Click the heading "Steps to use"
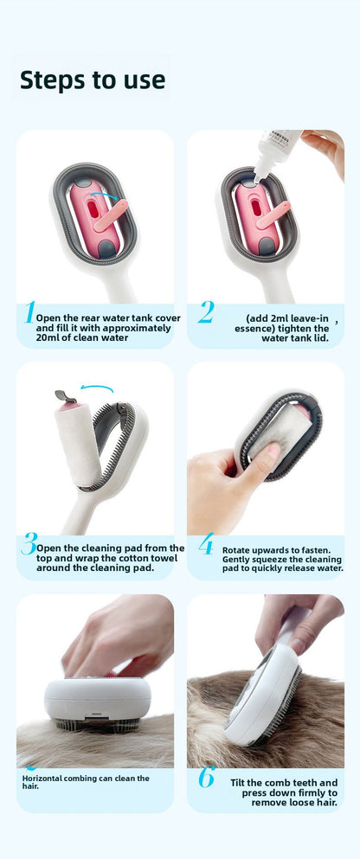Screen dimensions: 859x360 coord(92,80)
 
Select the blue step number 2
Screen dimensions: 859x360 coord(205,312)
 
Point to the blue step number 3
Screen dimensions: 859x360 coord(29,544)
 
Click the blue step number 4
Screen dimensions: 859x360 coord(205,544)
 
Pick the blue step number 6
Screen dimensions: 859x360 coord(205,777)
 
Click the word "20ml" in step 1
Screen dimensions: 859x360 coord(49,338)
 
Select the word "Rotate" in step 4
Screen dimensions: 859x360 coord(239,549)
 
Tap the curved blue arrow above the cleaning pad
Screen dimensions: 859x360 coord(96,389)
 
